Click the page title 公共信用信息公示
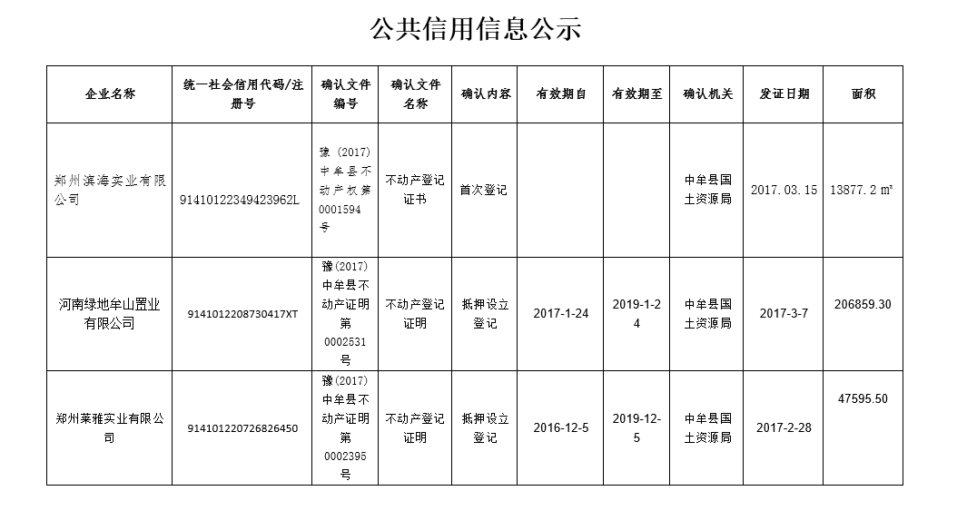(475, 30)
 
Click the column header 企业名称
(109, 94)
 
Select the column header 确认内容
(485, 93)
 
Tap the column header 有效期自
(560, 93)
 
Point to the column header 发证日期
(784, 93)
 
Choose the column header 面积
(863, 93)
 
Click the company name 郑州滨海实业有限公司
(109, 190)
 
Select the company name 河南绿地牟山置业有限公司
(109, 314)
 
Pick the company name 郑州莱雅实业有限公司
(109, 427)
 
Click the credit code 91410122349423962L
(240, 200)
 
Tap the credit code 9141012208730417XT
(242, 314)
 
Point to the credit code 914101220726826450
(242, 428)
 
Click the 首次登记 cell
(484, 190)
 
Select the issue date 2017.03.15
(784, 190)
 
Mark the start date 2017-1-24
(560, 313)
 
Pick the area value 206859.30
(863, 304)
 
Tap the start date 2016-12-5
(560, 427)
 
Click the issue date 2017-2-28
(784, 427)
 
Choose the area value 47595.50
(863, 398)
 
